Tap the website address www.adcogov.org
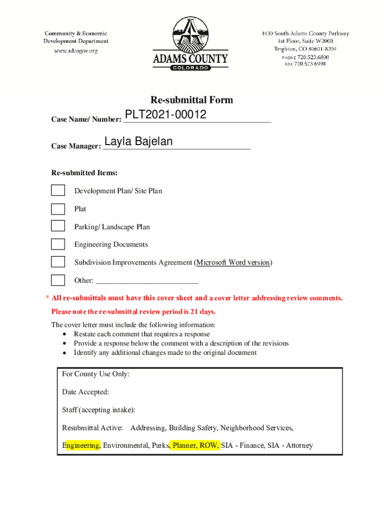click(76, 50)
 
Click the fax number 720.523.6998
click(310, 64)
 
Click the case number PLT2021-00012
click(165, 115)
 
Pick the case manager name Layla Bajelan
click(138, 142)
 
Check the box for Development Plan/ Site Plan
click(58, 190)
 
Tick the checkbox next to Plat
click(58, 208)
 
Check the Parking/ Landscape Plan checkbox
click(58, 226)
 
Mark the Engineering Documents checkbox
click(58, 244)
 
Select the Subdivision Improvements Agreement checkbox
click(58, 262)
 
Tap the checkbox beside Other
click(58, 280)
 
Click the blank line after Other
click(147, 281)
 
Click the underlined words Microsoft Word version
click(233, 263)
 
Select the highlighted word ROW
click(209, 445)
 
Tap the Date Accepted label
click(85, 392)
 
